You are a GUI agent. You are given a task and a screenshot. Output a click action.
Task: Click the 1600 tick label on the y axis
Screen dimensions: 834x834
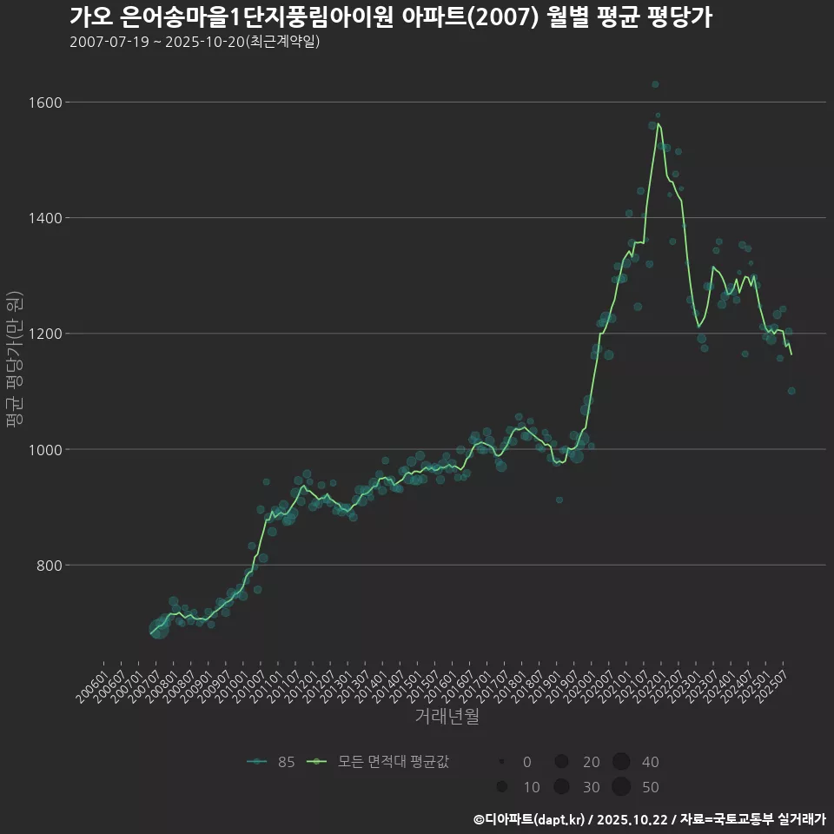[x=45, y=103]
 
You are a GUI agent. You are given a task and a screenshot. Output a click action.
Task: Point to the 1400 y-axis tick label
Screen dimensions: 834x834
[x=45, y=218]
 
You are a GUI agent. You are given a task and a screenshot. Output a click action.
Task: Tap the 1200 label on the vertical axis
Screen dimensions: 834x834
[x=45, y=334]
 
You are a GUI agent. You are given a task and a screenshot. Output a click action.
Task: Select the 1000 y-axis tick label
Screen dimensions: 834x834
[x=45, y=449]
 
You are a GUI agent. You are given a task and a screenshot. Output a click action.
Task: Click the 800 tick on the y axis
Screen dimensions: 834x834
[x=49, y=566]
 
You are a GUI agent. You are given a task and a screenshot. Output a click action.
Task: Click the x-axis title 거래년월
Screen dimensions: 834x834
[x=447, y=717]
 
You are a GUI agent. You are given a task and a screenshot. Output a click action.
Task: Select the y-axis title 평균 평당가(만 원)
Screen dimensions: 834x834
[x=14, y=359]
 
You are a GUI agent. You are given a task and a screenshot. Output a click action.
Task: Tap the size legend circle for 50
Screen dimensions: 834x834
[x=620, y=787]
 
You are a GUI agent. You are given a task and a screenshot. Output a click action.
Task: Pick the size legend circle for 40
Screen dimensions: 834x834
[x=620, y=762]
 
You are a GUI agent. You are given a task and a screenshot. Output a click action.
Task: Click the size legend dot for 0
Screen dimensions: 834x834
[x=502, y=762]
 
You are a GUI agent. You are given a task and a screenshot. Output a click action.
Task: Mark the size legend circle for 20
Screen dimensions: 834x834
[x=561, y=762]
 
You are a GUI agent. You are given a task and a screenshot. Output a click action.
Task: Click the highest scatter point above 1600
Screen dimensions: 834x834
[x=655, y=84]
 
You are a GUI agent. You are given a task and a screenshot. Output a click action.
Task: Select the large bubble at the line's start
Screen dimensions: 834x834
[x=159, y=628]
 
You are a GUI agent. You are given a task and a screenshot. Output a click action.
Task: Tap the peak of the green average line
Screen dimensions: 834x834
[x=659, y=123]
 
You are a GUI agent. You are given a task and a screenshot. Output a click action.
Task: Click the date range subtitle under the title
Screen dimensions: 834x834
[x=195, y=42]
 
